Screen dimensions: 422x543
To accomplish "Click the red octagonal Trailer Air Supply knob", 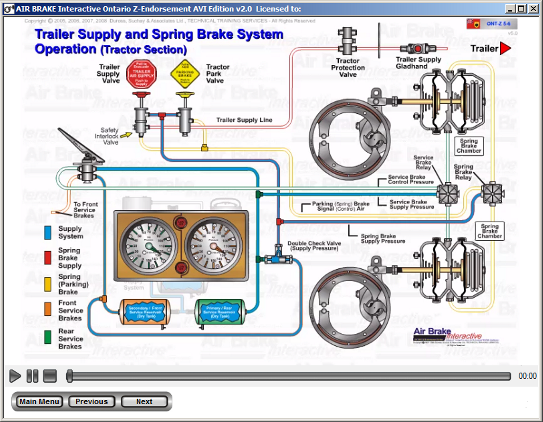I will [142, 74].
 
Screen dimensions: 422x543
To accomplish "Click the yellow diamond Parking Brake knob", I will [185, 74].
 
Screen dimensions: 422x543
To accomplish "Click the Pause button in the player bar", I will [32, 376].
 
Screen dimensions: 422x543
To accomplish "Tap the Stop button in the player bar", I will [50, 376].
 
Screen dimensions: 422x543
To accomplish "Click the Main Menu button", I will [39, 402].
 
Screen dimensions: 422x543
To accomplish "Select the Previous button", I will [92, 402].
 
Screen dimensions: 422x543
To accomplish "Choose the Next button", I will [144, 402].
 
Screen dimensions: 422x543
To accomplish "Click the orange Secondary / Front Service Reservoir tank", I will [146, 312].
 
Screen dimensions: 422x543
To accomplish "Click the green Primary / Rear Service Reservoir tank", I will [219, 312].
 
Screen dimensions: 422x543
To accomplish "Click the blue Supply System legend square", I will [48, 233].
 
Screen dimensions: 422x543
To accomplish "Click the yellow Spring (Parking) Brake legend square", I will [48, 284].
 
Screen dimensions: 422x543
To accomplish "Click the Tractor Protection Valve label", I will [348, 68].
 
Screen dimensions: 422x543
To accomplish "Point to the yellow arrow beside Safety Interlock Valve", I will [126, 135].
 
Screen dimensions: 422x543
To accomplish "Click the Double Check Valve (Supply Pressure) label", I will [314, 246].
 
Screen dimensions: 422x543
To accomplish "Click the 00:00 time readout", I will [527, 376].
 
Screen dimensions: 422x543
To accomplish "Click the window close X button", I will [534, 8].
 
